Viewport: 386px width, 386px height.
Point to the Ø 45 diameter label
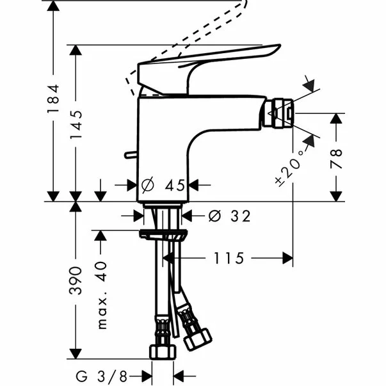click(x=164, y=185)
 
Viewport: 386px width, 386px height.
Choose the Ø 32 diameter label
click(x=227, y=216)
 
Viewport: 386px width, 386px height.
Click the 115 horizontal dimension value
click(x=229, y=258)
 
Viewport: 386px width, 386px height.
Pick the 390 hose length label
click(x=77, y=280)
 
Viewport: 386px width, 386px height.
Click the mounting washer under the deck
click(x=164, y=234)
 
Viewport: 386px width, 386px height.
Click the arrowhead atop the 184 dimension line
click(x=54, y=4)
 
